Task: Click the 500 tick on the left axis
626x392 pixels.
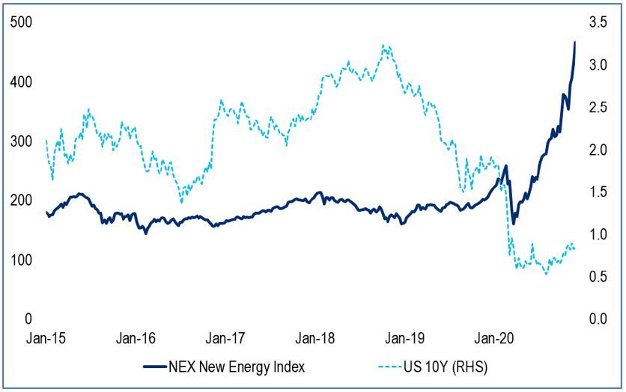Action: pos(20,22)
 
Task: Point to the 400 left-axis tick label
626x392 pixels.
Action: pos(20,82)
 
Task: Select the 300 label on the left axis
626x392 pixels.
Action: pos(20,141)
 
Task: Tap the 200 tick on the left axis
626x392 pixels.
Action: pos(20,200)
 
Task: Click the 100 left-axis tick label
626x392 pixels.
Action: pos(20,260)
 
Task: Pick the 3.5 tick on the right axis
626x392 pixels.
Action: pos(598,22)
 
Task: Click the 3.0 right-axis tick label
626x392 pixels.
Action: pos(598,65)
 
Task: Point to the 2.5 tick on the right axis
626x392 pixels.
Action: pos(598,108)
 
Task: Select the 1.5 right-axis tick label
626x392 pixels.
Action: pos(598,192)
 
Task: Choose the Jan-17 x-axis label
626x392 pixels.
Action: pos(224,337)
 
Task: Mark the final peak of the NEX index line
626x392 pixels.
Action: pos(575,42)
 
